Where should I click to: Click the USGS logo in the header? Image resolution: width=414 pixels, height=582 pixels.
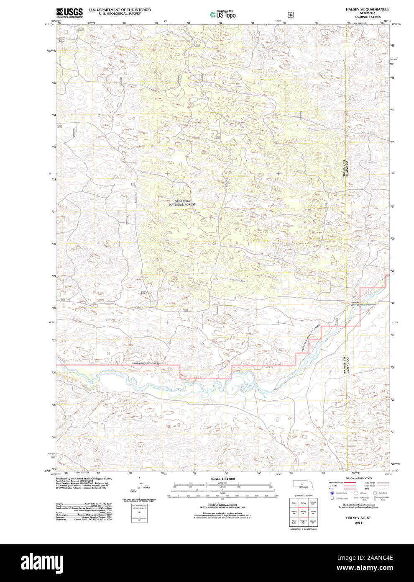click(x=69, y=13)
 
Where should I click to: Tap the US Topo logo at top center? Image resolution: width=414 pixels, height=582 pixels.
click(x=223, y=15)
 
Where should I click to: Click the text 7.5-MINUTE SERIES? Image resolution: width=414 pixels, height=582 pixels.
click(x=367, y=17)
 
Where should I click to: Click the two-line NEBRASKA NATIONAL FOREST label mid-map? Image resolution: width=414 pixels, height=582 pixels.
click(x=182, y=203)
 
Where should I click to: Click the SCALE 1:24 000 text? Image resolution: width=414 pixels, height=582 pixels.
click(x=222, y=479)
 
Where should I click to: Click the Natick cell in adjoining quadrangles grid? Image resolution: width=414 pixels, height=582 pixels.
click(x=294, y=502)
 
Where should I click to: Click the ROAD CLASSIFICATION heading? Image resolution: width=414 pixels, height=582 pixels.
click(x=358, y=478)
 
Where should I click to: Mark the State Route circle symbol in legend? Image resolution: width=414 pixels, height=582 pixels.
click(x=375, y=493)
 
